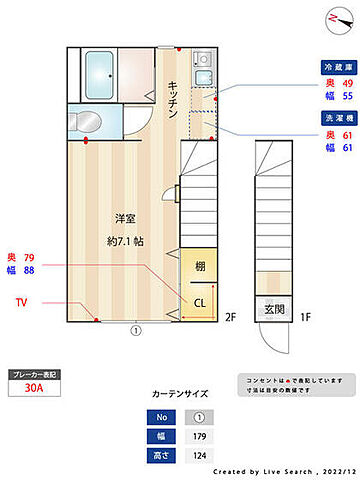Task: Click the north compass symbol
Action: [x=333, y=19]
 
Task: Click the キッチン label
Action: [x=172, y=98]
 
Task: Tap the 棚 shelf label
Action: [x=199, y=265]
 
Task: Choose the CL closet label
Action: [x=199, y=302]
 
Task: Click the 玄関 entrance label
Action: [x=273, y=309]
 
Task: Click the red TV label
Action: [x=21, y=301]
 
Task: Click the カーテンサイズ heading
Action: [x=180, y=394]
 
